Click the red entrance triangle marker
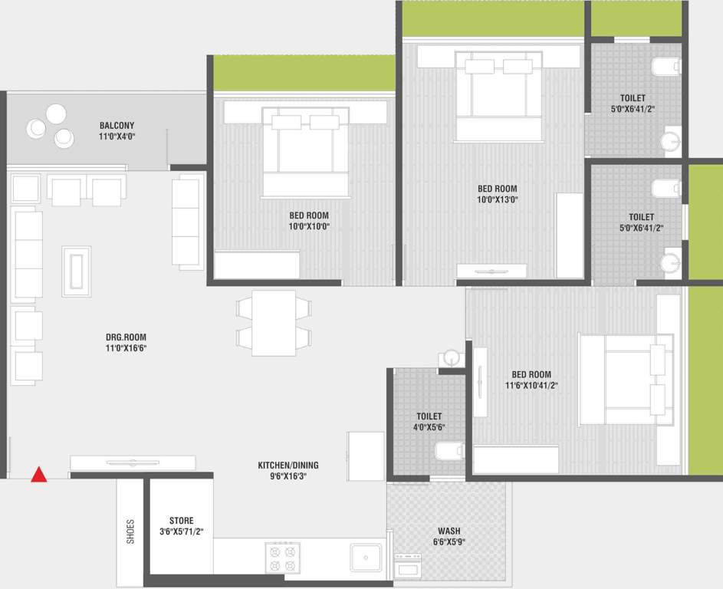pyautogui.click(x=38, y=475)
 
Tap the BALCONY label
pyautogui.click(x=117, y=125)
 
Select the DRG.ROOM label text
pyautogui.click(x=126, y=337)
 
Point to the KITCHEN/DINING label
pyautogui.click(x=288, y=465)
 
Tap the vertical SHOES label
pyautogui.click(x=130, y=531)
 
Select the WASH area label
pyautogui.click(x=449, y=531)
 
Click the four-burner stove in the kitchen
pyautogui.click(x=282, y=558)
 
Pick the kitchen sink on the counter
pyautogui.click(x=366, y=557)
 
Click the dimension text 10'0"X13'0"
pyautogui.click(x=498, y=200)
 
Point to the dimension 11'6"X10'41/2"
pyautogui.click(x=534, y=386)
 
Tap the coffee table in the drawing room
pyautogui.click(x=76, y=271)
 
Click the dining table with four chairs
pyautogui.click(x=274, y=322)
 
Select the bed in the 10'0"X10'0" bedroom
pyautogui.click(x=305, y=153)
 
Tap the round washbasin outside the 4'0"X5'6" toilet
pyautogui.click(x=450, y=357)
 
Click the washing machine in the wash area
pyautogui.click(x=407, y=567)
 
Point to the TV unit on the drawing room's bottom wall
pyautogui.click(x=133, y=462)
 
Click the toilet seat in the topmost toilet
pyautogui.click(x=665, y=67)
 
